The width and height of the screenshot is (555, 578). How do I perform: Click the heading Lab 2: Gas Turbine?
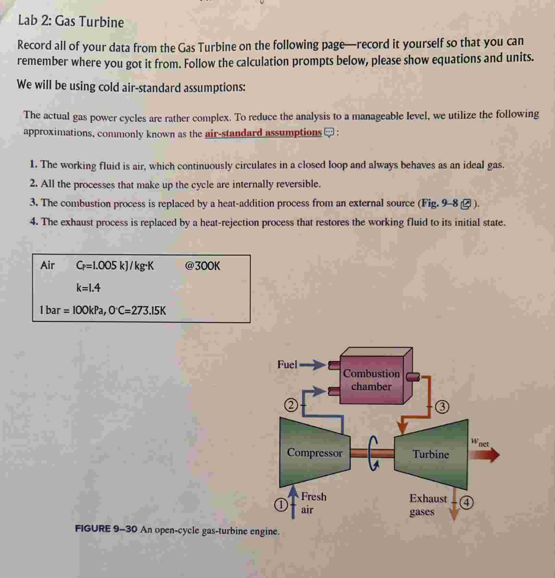pyautogui.click(x=71, y=21)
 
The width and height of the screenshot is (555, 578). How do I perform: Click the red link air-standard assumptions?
pyautogui.click(x=263, y=133)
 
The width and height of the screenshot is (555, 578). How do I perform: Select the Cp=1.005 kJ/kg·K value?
pyautogui.click(x=115, y=266)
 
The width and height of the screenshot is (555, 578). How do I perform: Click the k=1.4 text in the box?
pyautogui.click(x=88, y=288)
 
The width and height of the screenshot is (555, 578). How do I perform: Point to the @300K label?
pyautogui.click(x=202, y=266)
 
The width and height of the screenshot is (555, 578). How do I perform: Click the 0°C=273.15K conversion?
pyautogui.click(x=137, y=311)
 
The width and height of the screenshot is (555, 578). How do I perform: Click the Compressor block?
pyautogui.click(x=314, y=453)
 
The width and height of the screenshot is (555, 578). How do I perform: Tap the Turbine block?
pyautogui.click(x=431, y=454)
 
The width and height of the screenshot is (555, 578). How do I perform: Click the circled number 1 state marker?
pyautogui.click(x=281, y=505)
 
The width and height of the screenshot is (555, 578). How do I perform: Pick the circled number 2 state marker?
pyautogui.click(x=291, y=405)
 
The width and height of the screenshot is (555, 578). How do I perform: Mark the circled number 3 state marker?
pyautogui.click(x=442, y=407)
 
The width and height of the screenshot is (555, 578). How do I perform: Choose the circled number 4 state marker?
pyautogui.click(x=466, y=503)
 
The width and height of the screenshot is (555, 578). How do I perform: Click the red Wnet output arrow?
pyautogui.click(x=484, y=455)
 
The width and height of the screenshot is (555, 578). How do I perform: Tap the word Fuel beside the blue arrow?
pyautogui.click(x=287, y=364)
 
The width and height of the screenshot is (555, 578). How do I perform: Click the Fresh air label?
pyautogui.click(x=313, y=503)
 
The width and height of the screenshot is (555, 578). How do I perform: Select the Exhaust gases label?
pyautogui.click(x=428, y=505)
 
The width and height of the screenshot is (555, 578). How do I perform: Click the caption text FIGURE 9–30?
pyautogui.click(x=106, y=529)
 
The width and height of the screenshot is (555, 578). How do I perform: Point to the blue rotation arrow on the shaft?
pyautogui.click(x=373, y=454)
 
